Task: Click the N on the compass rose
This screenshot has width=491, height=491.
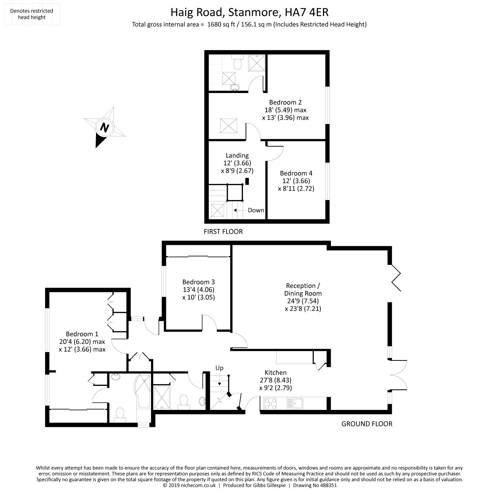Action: click(105, 128)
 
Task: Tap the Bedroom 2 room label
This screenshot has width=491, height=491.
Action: click(285, 103)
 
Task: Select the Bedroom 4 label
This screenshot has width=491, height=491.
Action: click(296, 173)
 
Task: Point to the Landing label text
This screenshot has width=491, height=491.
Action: click(237, 155)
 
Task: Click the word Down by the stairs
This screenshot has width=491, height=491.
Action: click(256, 210)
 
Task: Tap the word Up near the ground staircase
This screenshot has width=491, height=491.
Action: click(219, 368)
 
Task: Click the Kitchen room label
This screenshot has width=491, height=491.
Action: click(275, 372)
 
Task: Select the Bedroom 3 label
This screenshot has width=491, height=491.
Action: click(199, 282)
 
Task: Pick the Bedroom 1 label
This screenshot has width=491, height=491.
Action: click(82, 334)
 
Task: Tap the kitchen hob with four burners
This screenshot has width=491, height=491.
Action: click(270, 403)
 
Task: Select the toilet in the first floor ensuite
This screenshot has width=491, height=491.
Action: click(237, 63)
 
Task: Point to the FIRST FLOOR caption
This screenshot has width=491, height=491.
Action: click(223, 231)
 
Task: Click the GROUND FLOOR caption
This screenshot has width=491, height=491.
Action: click(367, 424)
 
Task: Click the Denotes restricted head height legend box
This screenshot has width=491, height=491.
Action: click(31, 14)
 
